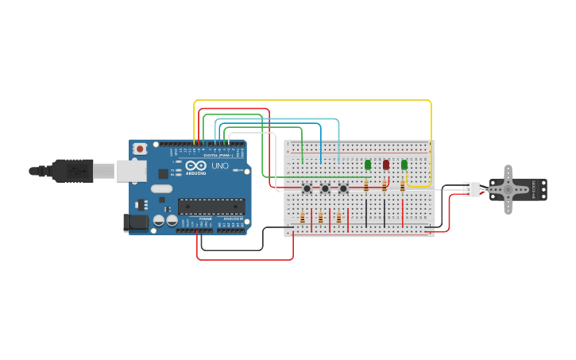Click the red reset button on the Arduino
click(140, 149)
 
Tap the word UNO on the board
click(220, 166)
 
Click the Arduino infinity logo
click(196, 165)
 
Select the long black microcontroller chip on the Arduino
click(211, 207)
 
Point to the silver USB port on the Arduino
click(131, 170)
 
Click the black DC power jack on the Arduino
click(136, 223)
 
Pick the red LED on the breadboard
click(386, 165)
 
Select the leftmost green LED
click(368, 165)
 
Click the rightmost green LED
click(404, 165)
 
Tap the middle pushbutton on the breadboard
click(325, 188)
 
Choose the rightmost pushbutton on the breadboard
click(343, 188)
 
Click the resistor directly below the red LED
click(384, 187)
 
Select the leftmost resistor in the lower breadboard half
click(302, 218)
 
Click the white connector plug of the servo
click(473, 189)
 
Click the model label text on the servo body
click(534, 189)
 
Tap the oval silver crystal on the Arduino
click(161, 189)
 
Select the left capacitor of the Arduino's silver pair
click(159, 219)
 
